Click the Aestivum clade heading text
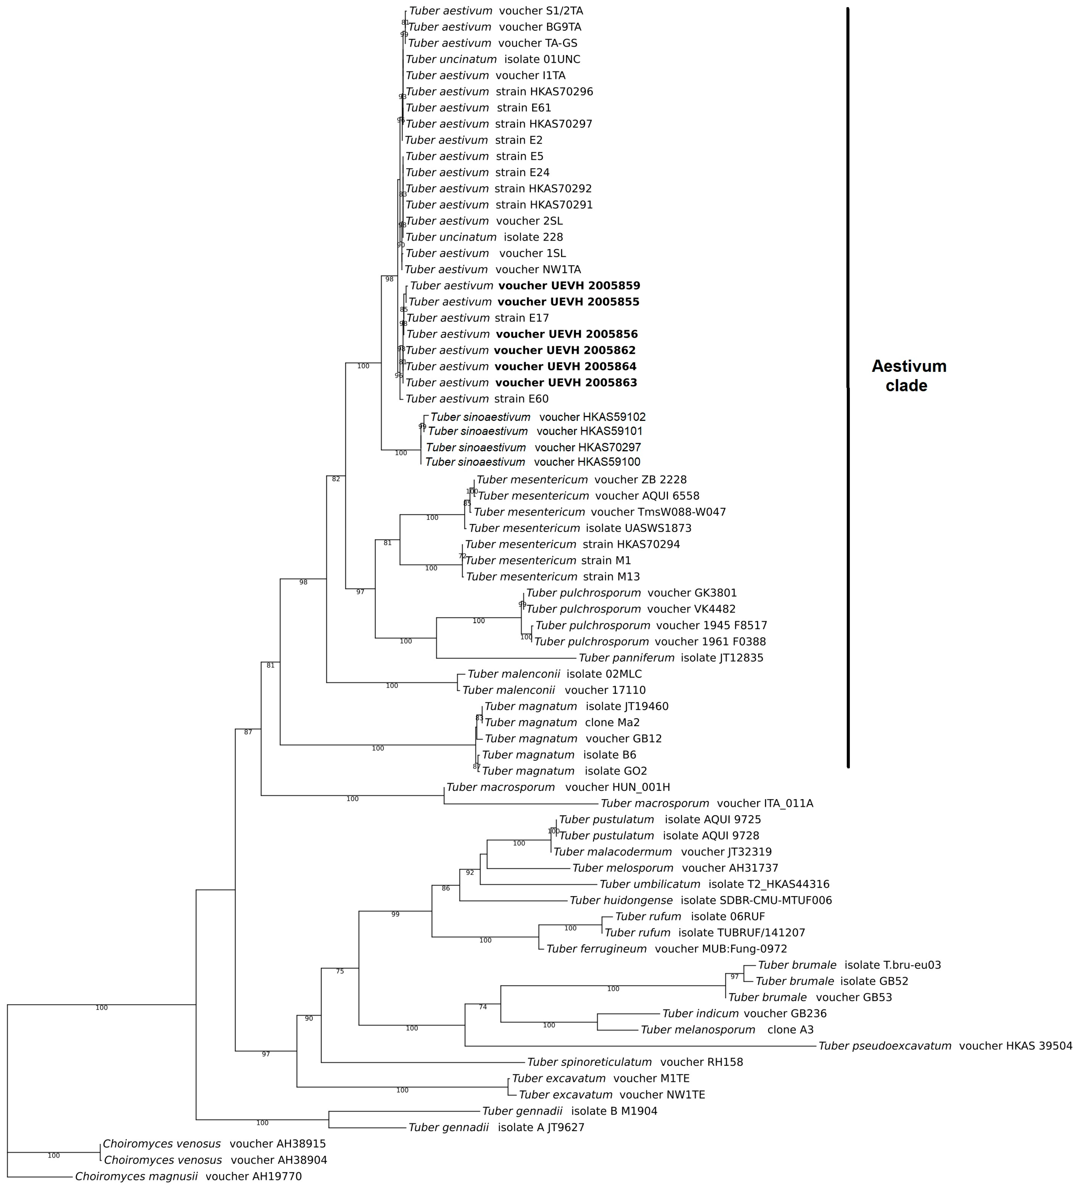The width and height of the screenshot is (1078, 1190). click(909, 375)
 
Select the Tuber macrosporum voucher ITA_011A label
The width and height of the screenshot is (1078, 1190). click(706, 803)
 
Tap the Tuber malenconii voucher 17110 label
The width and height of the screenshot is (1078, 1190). click(553, 690)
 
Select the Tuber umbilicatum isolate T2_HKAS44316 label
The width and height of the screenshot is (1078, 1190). click(714, 884)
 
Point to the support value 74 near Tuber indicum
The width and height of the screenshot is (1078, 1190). click(483, 1006)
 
